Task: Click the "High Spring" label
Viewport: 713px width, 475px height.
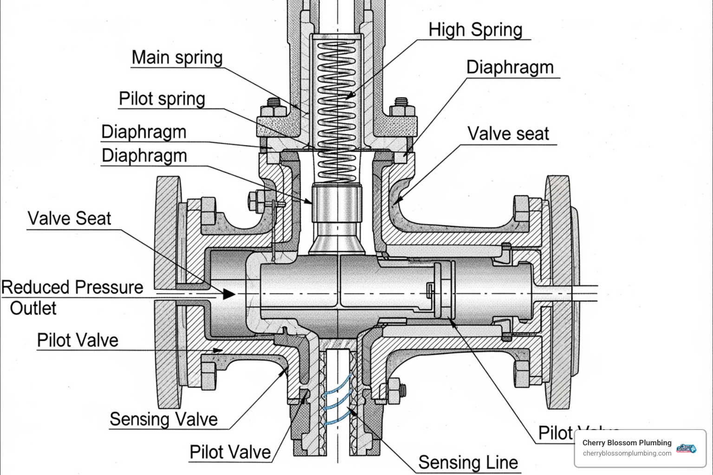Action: click(475, 30)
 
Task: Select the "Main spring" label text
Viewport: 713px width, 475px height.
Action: click(177, 58)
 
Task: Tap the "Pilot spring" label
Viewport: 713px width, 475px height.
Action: click(162, 99)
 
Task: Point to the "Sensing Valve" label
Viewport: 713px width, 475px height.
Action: click(163, 419)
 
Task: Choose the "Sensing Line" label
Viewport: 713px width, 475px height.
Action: click(468, 462)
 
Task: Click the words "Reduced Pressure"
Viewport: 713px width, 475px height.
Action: click(72, 287)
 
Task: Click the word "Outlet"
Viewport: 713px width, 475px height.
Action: click(33, 308)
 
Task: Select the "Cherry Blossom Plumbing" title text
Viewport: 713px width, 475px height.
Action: click(627, 443)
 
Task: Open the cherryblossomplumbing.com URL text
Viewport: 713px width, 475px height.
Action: click(627, 453)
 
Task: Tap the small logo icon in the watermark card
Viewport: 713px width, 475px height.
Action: click(687, 448)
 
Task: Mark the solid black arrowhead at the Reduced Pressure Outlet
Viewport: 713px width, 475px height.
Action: click(228, 294)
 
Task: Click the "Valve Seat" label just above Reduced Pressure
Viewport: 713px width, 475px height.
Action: click(70, 218)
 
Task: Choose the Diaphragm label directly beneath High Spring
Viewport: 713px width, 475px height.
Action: click(510, 67)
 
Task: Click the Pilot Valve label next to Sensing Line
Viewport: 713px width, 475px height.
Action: click(230, 452)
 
